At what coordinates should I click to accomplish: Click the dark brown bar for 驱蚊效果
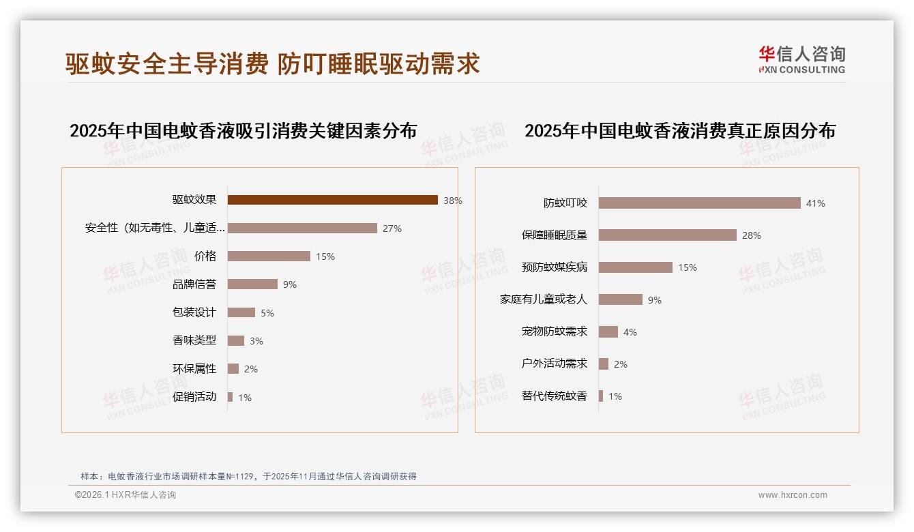click(x=332, y=200)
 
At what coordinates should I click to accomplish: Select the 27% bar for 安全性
click(x=302, y=228)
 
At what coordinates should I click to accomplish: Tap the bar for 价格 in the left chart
click(x=269, y=256)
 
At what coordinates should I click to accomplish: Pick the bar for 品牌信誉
click(x=252, y=284)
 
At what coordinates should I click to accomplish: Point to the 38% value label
click(x=452, y=201)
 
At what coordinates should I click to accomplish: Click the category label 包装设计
click(x=194, y=312)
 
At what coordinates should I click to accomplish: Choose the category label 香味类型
click(x=194, y=340)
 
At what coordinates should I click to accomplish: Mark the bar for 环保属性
click(x=233, y=369)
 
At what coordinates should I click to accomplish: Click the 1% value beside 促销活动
click(x=244, y=398)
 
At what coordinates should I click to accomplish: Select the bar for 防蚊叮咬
click(x=699, y=203)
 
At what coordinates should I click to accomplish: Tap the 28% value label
click(x=751, y=235)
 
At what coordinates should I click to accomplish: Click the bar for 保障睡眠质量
click(x=667, y=235)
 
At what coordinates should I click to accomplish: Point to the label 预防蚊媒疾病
click(x=554, y=267)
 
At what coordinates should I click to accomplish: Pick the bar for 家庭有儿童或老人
click(x=620, y=299)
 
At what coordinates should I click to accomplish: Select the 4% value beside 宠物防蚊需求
click(x=630, y=332)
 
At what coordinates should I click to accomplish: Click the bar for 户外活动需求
click(x=603, y=364)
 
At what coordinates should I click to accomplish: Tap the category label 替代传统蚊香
click(x=554, y=396)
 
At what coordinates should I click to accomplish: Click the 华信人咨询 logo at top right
click(x=801, y=59)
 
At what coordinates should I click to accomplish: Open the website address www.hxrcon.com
click(x=793, y=495)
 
